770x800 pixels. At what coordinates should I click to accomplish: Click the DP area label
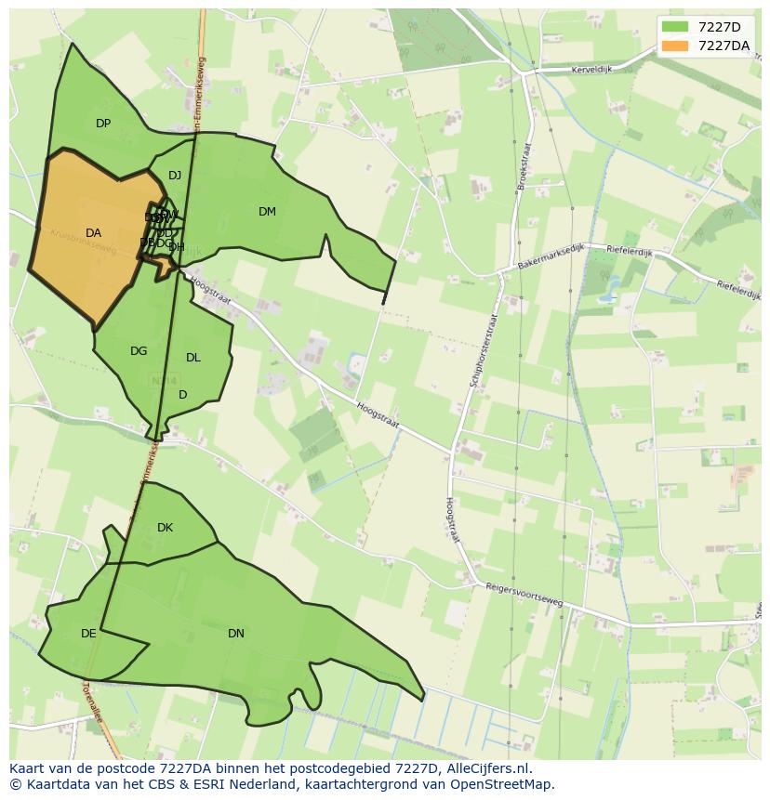point(103,124)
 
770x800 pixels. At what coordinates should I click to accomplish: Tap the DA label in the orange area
point(93,233)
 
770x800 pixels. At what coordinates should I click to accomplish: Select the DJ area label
point(175,176)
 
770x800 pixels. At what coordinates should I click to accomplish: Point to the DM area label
point(267,212)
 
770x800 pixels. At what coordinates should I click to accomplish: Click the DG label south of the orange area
point(139,351)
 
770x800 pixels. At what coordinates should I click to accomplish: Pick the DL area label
point(193,358)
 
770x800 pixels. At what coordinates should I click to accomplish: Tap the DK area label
point(165,528)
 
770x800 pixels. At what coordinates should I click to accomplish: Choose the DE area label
point(88,634)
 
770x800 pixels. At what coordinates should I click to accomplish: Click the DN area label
point(236,634)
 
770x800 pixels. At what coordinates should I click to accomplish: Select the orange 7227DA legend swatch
point(675,46)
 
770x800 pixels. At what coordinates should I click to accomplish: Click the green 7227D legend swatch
point(675,27)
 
